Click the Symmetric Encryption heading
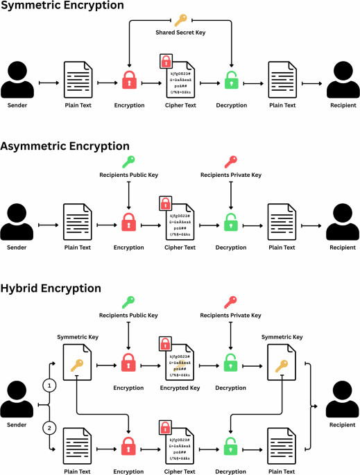coord(62,6)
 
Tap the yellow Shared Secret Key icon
coord(180,19)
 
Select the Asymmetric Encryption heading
coord(65,146)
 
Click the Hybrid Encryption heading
coord(51,288)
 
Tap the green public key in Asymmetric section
coord(129,162)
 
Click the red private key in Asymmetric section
coord(230,162)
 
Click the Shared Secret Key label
coord(180,32)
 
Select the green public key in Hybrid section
coord(129,302)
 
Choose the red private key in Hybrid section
coord(230,302)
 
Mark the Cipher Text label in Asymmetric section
coord(180,246)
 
